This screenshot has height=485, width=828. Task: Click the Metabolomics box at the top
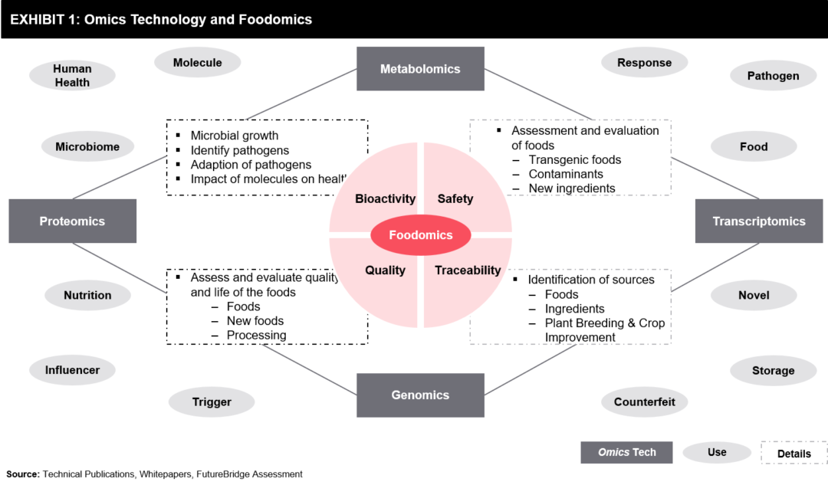420,69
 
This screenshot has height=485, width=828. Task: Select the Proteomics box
72,221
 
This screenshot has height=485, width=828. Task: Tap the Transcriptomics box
758,221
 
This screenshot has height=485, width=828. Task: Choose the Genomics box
420,395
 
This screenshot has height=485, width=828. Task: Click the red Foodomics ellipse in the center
420,235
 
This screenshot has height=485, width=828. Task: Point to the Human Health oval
72,75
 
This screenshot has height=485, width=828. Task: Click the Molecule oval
197,63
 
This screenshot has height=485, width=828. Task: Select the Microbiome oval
87,146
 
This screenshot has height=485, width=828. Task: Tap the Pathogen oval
773,76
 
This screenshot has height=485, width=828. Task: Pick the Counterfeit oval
645,401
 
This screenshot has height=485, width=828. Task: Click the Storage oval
773,371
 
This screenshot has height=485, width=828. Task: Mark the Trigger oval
212,401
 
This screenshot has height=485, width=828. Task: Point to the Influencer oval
72,370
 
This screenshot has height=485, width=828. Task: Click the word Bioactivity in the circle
385,199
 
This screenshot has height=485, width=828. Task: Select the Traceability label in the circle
468,270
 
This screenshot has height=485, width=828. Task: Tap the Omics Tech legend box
626,452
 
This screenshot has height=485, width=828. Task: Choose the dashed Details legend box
793,453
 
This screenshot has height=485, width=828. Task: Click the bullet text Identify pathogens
240,150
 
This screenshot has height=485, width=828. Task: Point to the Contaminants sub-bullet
566,174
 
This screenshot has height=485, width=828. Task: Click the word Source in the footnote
23,474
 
